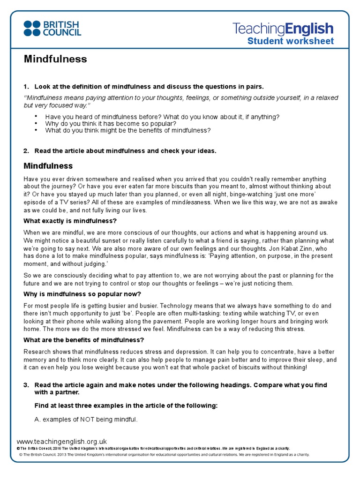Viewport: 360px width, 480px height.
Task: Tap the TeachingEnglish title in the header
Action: click(283, 29)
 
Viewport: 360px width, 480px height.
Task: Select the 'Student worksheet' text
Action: click(291, 41)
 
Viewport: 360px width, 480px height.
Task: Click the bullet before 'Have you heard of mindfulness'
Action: click(37, 116)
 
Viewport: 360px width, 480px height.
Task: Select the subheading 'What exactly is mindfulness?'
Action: click(70, 221)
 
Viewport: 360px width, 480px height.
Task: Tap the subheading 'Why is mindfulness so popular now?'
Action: click(82, 294)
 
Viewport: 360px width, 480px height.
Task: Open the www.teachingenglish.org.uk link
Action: click(62, 442)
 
